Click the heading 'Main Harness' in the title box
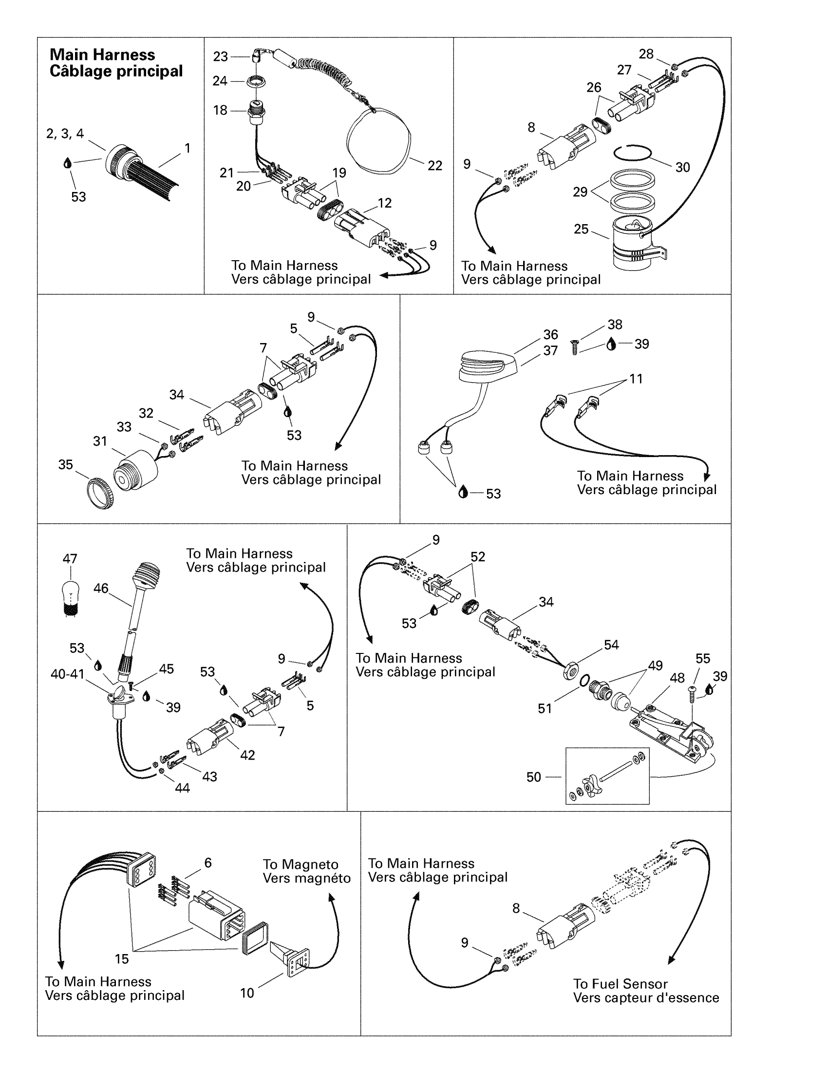pos(102,55)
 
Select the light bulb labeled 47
pos(71,593)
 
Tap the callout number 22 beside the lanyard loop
pos(434,166)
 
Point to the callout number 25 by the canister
pos(581,229)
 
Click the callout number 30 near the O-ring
pos(682,167)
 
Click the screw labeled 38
pos(575,347)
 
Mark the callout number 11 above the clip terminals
pos(636,379)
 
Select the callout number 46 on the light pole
pos(100,588)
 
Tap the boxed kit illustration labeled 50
pos(607,776)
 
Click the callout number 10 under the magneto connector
pos(247,993)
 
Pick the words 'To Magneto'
pos(300,864)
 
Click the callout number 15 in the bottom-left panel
pos(122,959)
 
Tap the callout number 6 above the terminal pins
pos(208,862)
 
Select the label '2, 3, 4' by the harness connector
pos(65,134)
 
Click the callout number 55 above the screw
pos(702,659)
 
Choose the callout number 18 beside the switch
pos(220,111)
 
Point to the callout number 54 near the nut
pos(611,645)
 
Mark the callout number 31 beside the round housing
pos(100,441)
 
